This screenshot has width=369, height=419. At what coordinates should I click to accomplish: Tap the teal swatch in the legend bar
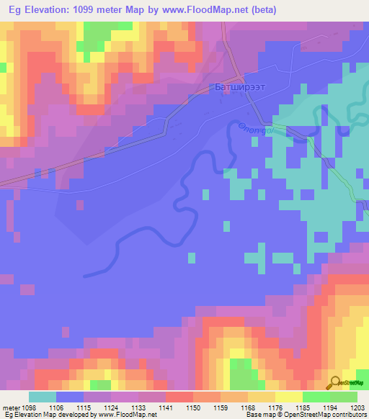click(42, 397)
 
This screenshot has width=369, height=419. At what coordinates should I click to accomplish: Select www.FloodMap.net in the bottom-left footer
click(120, 415)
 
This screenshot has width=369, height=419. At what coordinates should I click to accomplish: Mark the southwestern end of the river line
click(85, 274)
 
